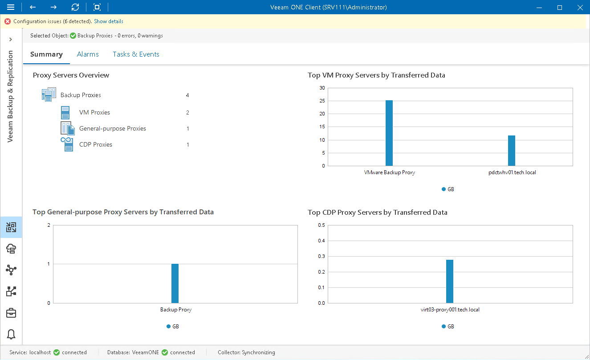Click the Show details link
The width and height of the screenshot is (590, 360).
click(x=109, y=21)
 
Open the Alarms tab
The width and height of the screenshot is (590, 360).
click(x=88, y=54)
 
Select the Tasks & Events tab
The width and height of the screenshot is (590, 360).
click(x=136, y=54)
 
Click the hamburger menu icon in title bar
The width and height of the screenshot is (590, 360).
click(x=11, y=7)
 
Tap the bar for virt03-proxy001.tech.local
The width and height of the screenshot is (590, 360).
click(x=450, y=281)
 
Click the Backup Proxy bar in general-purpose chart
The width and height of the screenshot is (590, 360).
click(x=175, y=283)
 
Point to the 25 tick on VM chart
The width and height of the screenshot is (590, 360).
click(x=322, y=101)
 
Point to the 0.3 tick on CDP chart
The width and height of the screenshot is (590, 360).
click(x=321, y=256)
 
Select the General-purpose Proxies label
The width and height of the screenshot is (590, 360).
click(x=113, y=129)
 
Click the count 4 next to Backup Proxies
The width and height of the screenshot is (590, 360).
click(x=187, y=95)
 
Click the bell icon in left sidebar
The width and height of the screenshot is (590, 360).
click(x=11, y=334)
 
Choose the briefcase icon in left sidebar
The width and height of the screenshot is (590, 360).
click(x=11, y=313)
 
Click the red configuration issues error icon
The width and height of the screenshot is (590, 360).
click(x=8, y=21)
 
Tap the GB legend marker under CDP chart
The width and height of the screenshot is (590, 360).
click(x=444, y=327)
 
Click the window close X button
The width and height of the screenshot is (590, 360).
click(x=579, y=7)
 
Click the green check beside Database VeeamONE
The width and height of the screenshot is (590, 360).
click(x=165, y=352)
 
